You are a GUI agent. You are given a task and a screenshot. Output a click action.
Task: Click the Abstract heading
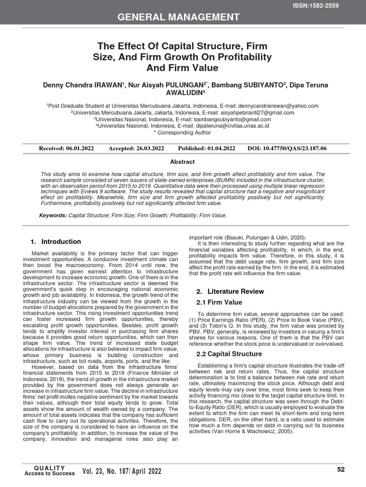click(x=183, y=162)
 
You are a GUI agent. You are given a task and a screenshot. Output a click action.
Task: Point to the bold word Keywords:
click(x=53, y=215)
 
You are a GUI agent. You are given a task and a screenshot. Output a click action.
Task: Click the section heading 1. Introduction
click(x=56, y=242)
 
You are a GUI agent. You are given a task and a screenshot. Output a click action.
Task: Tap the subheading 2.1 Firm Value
click(x=219, y=302)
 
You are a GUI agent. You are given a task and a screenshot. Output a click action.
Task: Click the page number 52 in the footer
click(x=341, y=469)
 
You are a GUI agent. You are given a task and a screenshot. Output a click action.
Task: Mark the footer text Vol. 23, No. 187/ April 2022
click(x=122, y=471)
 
